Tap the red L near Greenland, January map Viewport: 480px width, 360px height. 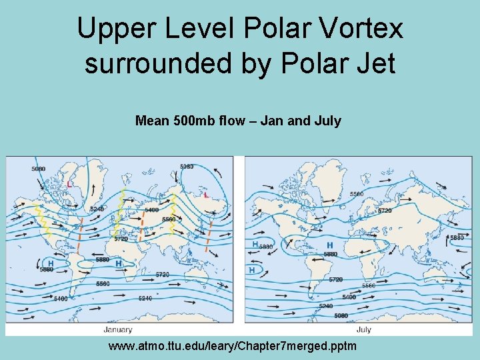(x=70, y=184)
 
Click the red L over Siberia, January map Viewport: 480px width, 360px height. (x=206, y=195)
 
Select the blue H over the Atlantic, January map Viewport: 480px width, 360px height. (x=119, y=264)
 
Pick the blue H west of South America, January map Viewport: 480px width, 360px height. (x=51, y=264)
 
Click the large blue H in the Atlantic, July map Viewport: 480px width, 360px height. (x=329, y=246)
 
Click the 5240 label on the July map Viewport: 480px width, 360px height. (x=326, y=306)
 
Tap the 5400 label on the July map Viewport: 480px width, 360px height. (x=349, y=297)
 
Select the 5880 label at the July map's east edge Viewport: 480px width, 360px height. (x=457, y=238)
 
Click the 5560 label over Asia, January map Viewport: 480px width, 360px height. (x=169, y=219)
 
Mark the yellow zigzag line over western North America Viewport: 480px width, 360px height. (x=43, y=220)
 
